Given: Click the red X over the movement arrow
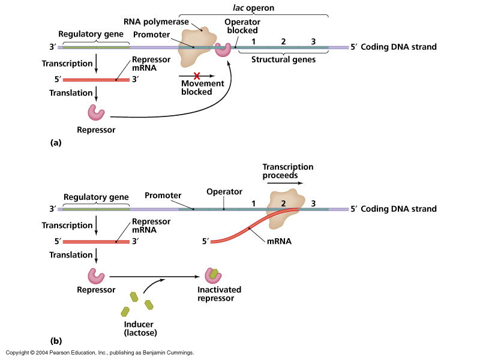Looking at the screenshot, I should point(197,76).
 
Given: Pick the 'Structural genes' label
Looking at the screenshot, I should point(283,59).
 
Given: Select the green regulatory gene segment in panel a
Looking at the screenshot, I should point(95,47).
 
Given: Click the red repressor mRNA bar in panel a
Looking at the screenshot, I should point(96,80).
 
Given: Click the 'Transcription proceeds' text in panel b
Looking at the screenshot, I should point(288,171).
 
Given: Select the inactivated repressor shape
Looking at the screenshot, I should point(213,275).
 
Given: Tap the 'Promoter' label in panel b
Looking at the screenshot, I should point(163,195).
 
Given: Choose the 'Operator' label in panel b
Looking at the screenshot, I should point(224,191).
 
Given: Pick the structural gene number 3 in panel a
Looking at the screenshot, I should point(313,41).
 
